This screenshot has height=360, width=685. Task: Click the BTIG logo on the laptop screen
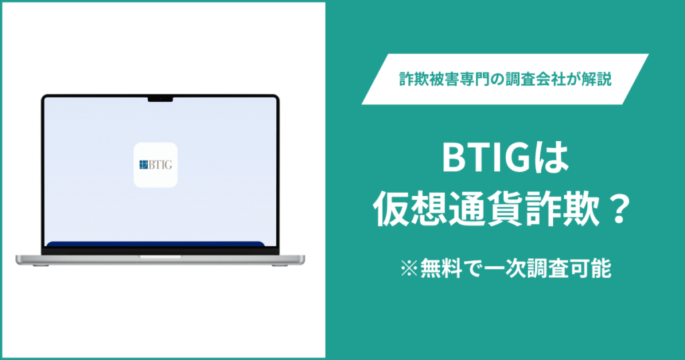(x=155, y=165)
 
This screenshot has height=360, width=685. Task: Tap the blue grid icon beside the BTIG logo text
(x=142, y=165)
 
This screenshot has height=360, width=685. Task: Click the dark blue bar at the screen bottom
(x=159, y=244)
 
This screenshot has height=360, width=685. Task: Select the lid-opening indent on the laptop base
(x=159, y=256)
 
